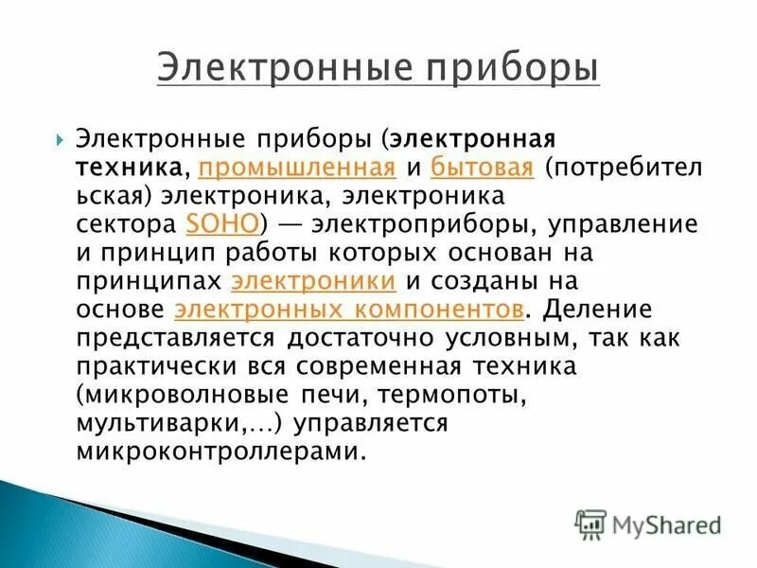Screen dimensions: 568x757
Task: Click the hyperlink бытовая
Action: click(483, 168)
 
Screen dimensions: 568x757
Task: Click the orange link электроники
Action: click(313, 280)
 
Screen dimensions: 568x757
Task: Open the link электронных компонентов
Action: click(349, 309)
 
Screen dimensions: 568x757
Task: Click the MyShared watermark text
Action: click(667, 524)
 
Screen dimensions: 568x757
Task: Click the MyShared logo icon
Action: click(590, 523)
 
